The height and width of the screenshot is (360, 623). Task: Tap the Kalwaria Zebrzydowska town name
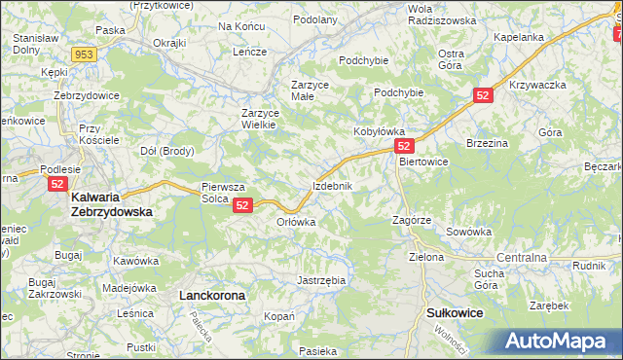pos(111,202)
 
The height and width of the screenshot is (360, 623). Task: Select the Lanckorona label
pos(211,293)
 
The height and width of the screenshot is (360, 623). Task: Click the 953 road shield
pos(84,54)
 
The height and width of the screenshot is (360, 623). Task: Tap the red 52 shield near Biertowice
pos(407,145)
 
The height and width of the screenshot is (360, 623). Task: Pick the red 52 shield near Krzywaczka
pos(485,95)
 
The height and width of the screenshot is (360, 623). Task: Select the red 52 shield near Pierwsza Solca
pos(243,205)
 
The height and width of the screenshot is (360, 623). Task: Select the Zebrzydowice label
pos(86,95)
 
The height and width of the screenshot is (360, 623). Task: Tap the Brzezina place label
pos(488,142)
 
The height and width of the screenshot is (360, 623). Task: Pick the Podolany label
pos(313,19)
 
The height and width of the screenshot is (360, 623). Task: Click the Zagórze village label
pos(412,221)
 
